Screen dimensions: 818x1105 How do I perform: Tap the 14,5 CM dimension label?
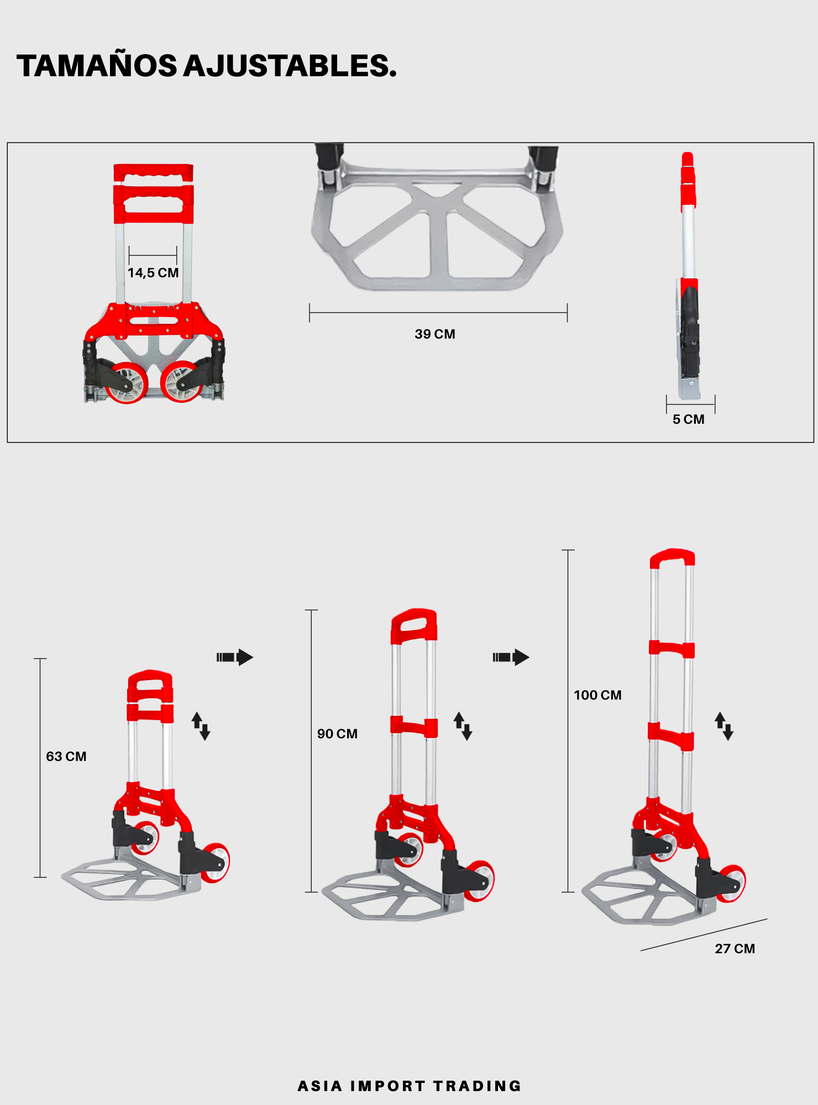[x=153, y=273]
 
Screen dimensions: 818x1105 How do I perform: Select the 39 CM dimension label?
[x=435, y=334]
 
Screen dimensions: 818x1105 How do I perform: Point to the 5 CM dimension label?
[x=689, y=419]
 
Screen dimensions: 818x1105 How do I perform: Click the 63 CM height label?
[x=66, y=756]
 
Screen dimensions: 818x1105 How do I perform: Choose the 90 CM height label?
[x=337, y=734]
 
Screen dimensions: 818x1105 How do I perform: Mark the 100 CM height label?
[x=597, y=695]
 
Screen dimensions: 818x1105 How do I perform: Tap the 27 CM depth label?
[x=735, y=949]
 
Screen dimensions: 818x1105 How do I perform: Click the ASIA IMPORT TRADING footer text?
[x=410, y=1086]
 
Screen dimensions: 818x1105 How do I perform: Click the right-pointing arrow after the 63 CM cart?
[x=235, y=657]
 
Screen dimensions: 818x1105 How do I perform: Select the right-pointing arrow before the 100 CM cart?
[x=511, y=657]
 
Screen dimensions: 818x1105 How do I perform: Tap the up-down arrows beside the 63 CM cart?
[x=201, y=726]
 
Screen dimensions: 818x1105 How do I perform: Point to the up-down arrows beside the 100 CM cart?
[x=724, y=726]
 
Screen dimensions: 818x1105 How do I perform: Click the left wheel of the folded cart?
[x=127, y=382]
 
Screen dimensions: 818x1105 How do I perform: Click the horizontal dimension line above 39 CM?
[x=438, y=313]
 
